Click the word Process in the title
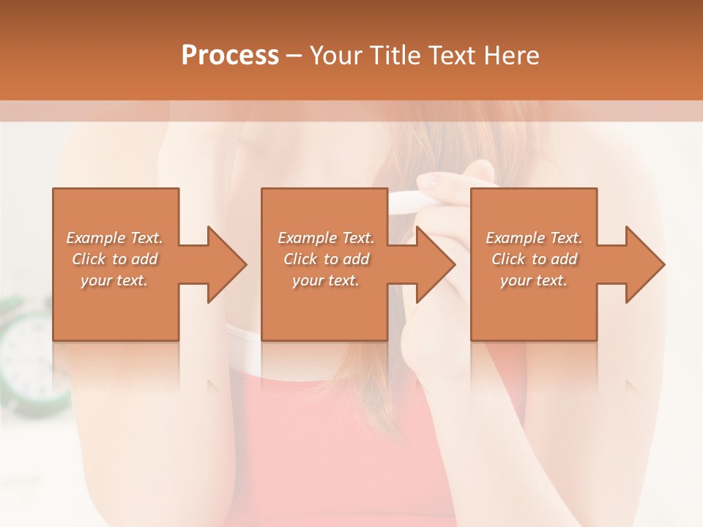(230, 56)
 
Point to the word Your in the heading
(337, 56)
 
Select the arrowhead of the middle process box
(435, 264)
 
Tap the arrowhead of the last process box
(644, 264)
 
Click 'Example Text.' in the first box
(115, 238)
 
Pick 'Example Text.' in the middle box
(326, 238)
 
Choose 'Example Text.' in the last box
(534, 238)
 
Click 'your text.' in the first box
(115, 280)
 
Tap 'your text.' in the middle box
(326, 280)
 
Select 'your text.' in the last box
(534, 280)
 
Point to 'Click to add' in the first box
(115, 259)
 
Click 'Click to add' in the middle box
(326, 259)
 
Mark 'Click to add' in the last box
(534, 259)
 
